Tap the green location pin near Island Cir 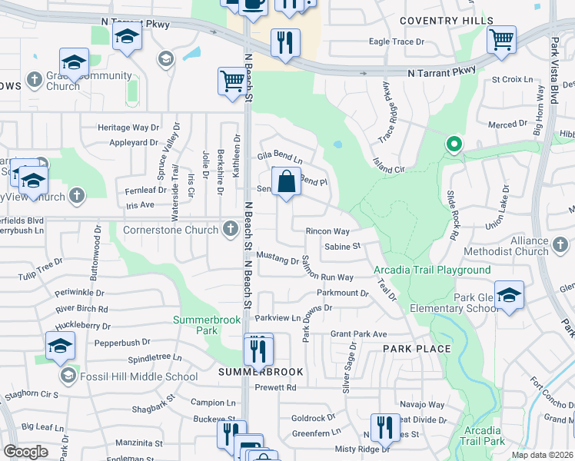[454, 144]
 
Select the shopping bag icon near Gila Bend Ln [286, 183]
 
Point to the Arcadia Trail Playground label [432, 270]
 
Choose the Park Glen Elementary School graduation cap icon [509, 294]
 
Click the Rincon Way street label [327, 231]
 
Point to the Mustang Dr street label [277, 260]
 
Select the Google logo [25, 451]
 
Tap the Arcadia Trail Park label [484, 436]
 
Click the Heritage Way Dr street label [128, 128]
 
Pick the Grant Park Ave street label [358, 334]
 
